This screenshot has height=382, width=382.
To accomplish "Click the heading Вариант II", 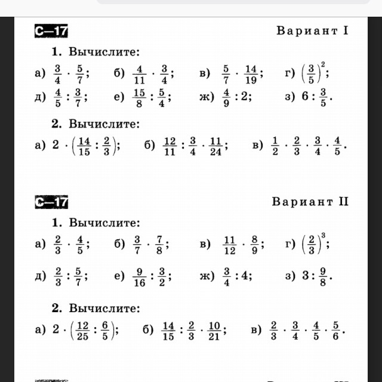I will [x=310, y=201].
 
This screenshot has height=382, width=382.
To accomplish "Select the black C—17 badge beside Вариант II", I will [x=51, y=202].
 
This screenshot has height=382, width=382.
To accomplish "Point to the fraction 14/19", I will [x=249, y=73].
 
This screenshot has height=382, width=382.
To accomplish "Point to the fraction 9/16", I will [x=139, y=277].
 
